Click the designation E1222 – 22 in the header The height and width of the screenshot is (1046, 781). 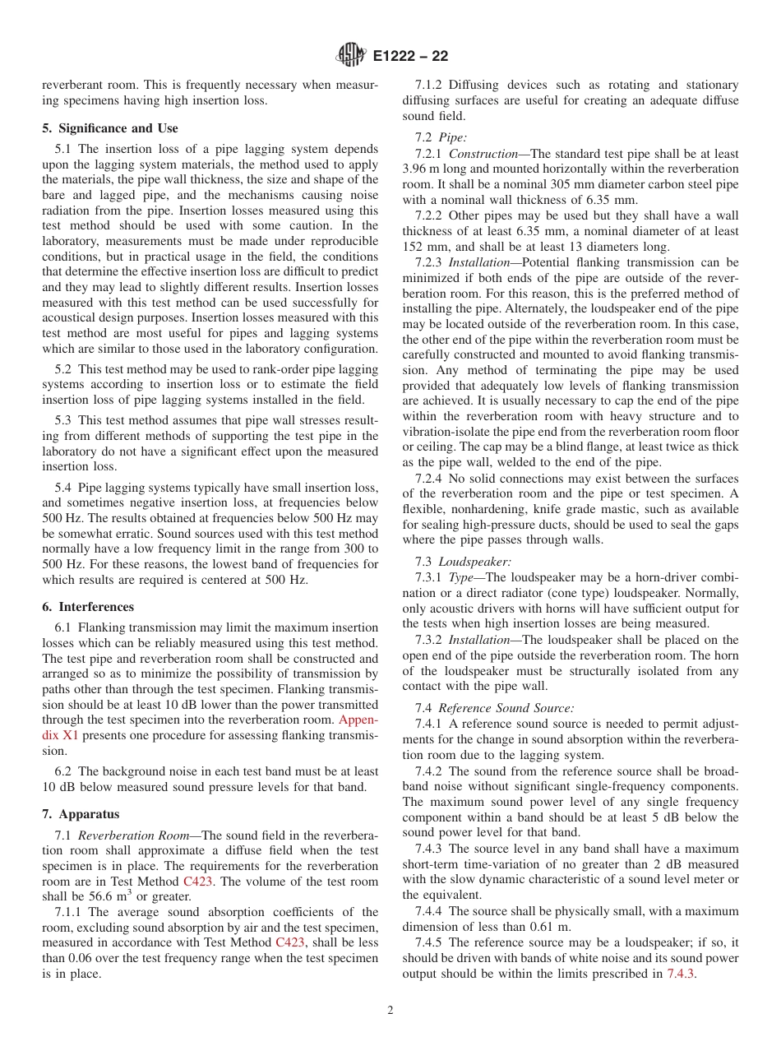coord(409,57)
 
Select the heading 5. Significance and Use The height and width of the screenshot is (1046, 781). coord(110,128)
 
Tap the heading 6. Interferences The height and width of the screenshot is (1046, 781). coord(88,607)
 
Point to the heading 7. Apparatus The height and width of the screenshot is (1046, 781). coord(81,814)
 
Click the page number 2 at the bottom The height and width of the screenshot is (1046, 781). coord(390,1011)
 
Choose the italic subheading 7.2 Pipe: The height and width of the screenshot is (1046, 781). coord(441,137)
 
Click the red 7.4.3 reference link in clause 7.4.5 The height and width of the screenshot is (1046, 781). coord(681,974)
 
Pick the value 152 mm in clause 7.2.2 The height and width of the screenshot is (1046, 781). coord(420,246)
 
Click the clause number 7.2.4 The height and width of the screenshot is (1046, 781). coord(429,479)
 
